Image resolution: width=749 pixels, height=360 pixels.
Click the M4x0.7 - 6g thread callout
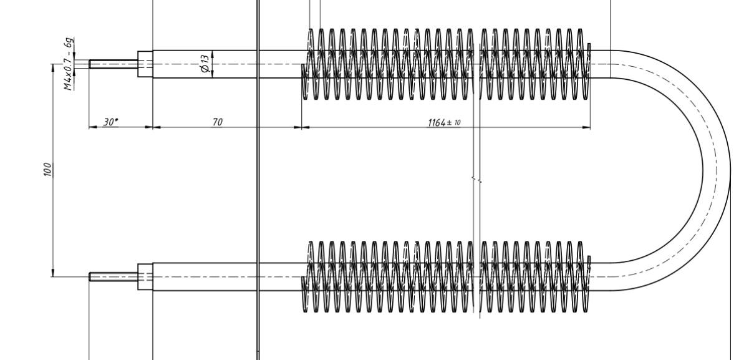pyautogui.click(x=69, y=64)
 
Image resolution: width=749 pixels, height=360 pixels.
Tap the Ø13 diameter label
pyautogui.click(x=205, y=63)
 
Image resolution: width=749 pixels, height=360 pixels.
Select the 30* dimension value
pyautogui.click(x=110, y=122)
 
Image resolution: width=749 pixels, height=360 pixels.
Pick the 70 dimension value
pyautogui.click(x=218, y=122)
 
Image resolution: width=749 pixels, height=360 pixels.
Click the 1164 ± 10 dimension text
pyautogui.click(x=444, y=123)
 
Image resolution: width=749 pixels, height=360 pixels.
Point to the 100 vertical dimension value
pyautogui.click(x=48, y=170)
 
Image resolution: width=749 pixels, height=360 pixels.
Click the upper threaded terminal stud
pyautogui.click(x=114, y=64)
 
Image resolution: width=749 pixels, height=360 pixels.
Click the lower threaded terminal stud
pyautogui.click(x=114, y=276)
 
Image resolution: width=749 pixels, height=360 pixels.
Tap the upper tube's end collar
pyautogui.click(x=145, y=64)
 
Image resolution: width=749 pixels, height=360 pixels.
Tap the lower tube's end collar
pyautogui.click(x=145, y=276)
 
